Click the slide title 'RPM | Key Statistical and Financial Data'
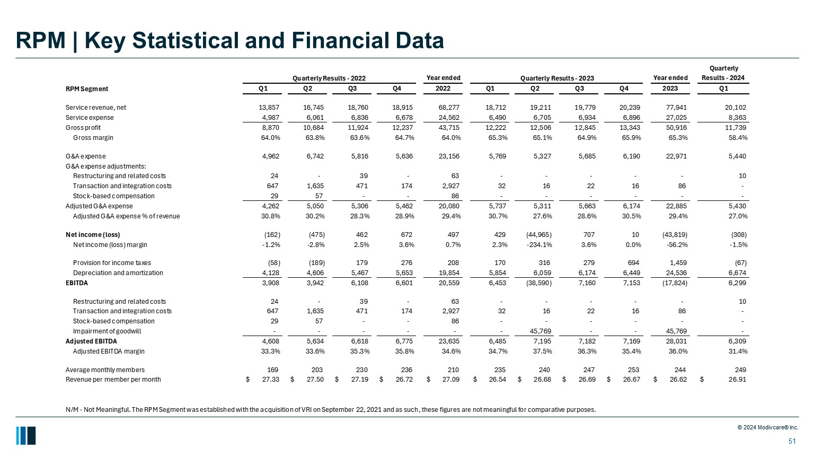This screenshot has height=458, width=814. (229, 41)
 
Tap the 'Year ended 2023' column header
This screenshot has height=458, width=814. (670, 83)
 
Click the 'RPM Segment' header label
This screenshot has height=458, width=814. (87, 89)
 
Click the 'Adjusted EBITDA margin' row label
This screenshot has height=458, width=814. (109, 351)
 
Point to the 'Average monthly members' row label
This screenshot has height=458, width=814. (105, 370)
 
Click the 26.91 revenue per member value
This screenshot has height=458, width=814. (737, 380)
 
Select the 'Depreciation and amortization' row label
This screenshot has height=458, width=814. (118, 273)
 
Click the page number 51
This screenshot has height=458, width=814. (792, 442)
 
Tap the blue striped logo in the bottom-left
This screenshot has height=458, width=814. (26, 436)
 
